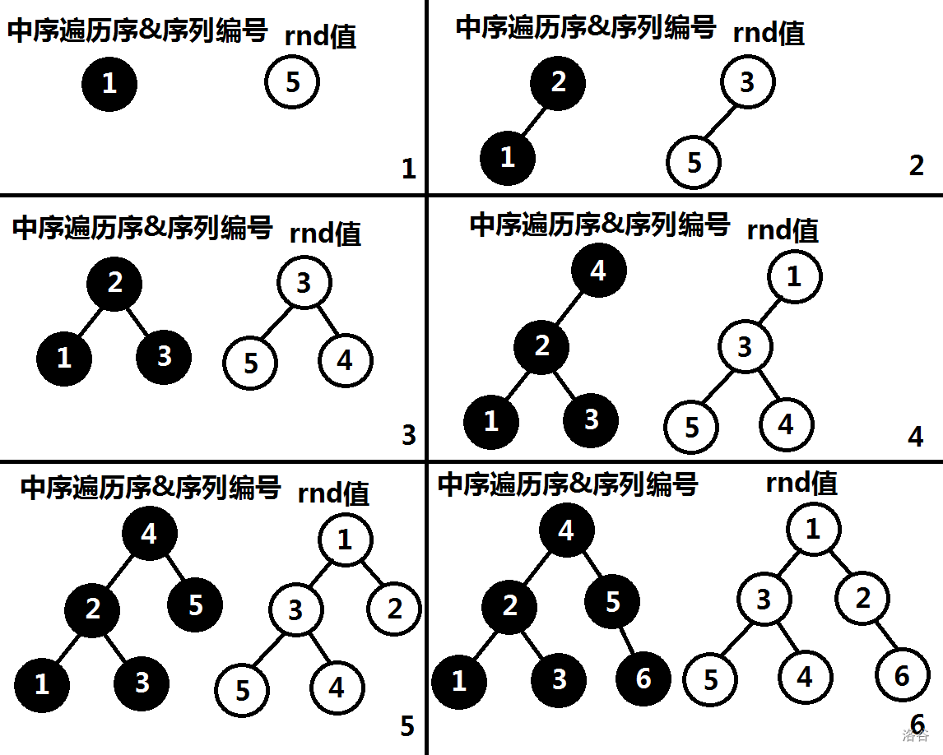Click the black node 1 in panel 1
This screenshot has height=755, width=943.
pyautogui.click(x=109, y=83)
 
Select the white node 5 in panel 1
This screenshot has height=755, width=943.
pyautogui.click(x=292, y=81)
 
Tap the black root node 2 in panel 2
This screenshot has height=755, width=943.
pyautogui.click(x=558, y=82)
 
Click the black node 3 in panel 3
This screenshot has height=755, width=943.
pyautogui.click(x=164, y=356)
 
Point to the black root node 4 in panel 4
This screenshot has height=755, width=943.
pyautogui.click(x=598, y=271)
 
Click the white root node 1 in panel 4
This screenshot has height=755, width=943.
pyautogui.click(x=794, y=276)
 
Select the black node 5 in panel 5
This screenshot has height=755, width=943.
pyautogui.click(x=195, y=605)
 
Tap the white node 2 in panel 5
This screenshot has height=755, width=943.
pyautogui.click(x=394, y=609)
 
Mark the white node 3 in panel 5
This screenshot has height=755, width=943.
pyautogui.click(x=295, y=609)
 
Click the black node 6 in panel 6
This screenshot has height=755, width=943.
pyautogui.click(x=643, y=679)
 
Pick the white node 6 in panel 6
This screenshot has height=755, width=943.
pyautogui.click(x=901, y=675)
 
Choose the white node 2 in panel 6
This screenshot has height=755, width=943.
pyautogui.click(x=862, y=598)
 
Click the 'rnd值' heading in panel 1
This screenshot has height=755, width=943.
pyautogui.click(x=320, y=36)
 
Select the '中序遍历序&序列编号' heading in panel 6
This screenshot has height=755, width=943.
pyautogui.click(x=567, y=484)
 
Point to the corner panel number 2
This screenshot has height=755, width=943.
pyautogui.click(x=917, y=165)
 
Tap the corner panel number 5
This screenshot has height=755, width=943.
pyautogui.click(x=406, y=727)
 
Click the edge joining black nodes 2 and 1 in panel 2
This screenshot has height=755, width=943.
pyautogui.click(x=532, y=120)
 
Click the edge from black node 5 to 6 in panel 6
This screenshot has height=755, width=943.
pyautogui.click(x=628, y=642)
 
